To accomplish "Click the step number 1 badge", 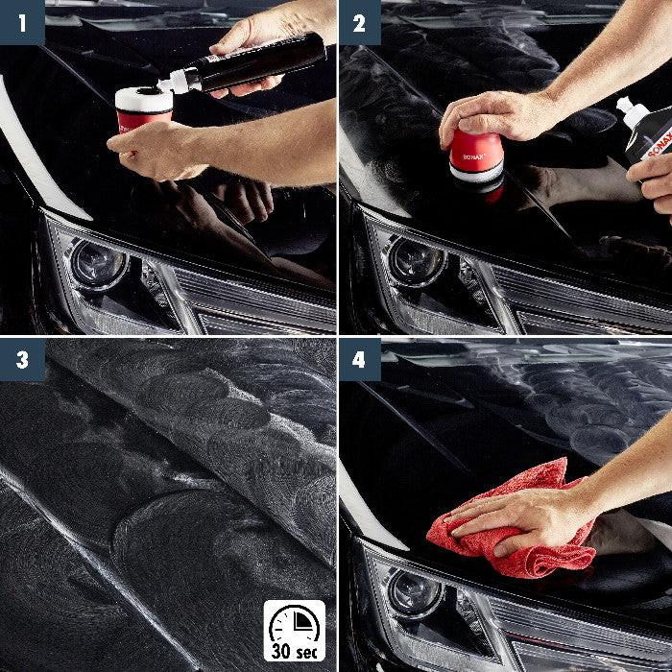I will [x=22, y=22].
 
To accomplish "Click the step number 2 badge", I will [x=359, y=22].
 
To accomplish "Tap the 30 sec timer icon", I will [x=295, y=630].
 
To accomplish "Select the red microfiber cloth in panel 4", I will [x=509, y=523].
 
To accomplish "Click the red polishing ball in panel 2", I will [x=477, y=158].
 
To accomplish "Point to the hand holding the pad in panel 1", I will [x=154, y=149].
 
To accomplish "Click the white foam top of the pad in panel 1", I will [x=144, y=98].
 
